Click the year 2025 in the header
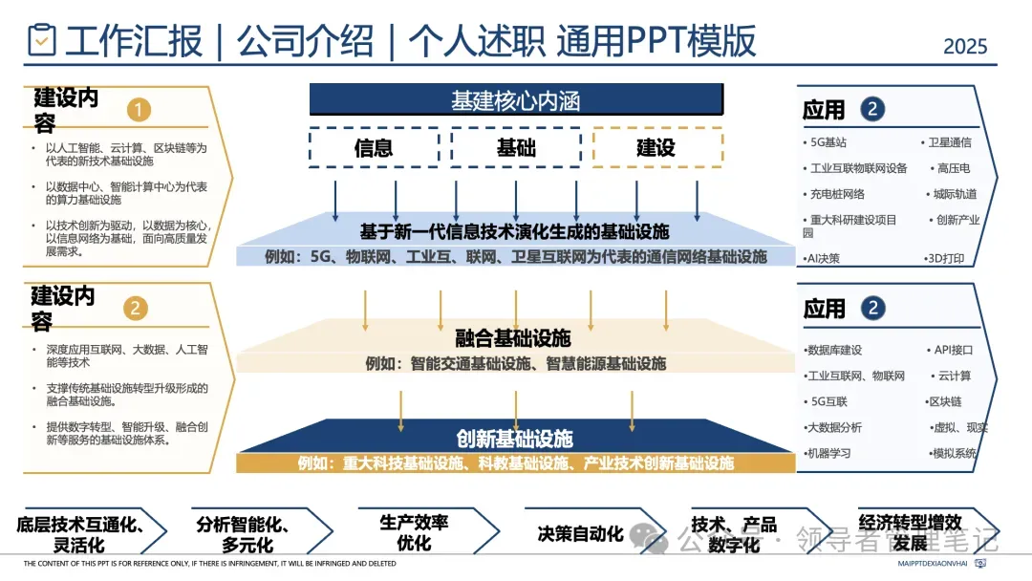point(965,45)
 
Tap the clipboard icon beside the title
point(42,40)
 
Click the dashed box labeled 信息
point(373,147)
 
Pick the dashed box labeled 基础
point(516,147)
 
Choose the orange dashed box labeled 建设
point(656,147)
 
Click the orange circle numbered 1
point(139,111)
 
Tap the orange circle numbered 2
point(138,308)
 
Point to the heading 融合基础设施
point(513,337)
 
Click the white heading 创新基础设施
point(514,439)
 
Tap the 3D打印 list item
point(946,258)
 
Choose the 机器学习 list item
point(828,453)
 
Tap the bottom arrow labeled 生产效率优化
point(414,532)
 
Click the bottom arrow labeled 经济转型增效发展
point(910,532)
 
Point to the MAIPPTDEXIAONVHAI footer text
point(934,564)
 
